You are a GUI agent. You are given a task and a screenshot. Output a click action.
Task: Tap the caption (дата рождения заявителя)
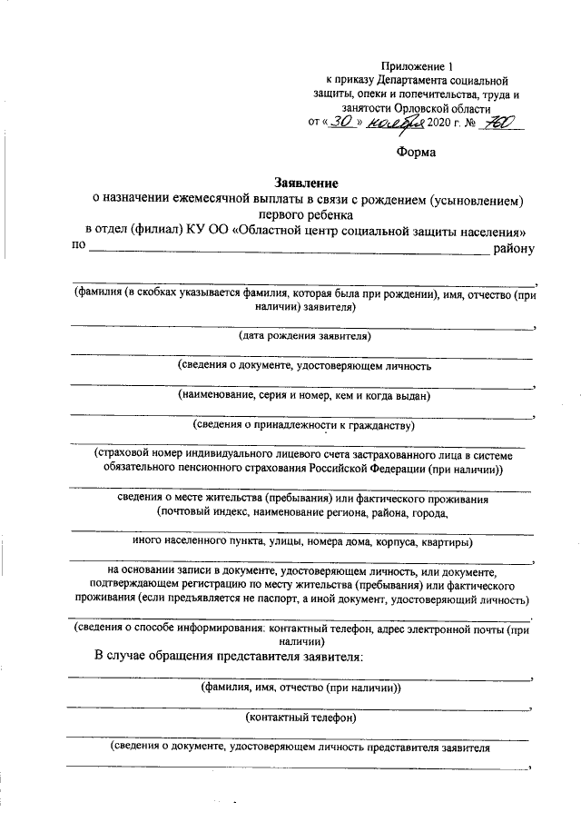point(304,335)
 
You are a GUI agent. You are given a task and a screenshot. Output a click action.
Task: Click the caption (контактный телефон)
point(301,718)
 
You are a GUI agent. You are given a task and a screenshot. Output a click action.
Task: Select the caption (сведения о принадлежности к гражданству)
point(304,424)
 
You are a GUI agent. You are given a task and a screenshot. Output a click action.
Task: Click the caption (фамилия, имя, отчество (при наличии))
point(301,688)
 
